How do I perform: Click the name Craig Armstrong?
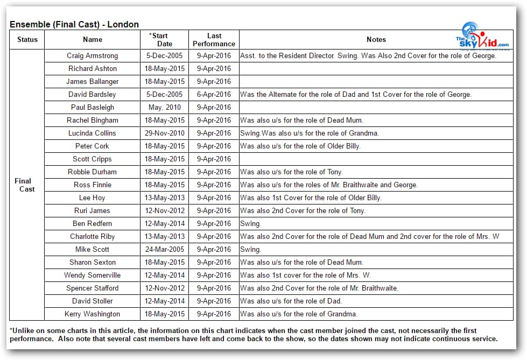point(92,55)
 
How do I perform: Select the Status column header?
point(27,39)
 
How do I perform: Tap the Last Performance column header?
point(214,40)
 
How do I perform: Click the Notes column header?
point(376,39)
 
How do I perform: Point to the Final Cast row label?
point(23,185)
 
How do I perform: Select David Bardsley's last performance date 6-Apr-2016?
point(214,94)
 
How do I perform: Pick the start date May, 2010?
point(164,107)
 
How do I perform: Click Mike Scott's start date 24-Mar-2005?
point(164,249)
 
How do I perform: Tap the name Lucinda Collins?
point(92,133)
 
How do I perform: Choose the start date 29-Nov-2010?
point(164,133)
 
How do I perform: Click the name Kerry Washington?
point(92,314)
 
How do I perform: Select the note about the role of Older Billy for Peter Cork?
point(300,146)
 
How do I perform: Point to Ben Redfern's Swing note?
point(250,223)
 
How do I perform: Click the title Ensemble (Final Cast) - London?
point(74,24)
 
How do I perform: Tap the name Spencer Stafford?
point(92,288)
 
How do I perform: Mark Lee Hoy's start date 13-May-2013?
point(164,197)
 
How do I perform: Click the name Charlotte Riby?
point(92,236)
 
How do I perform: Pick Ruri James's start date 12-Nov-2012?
point(164,210)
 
